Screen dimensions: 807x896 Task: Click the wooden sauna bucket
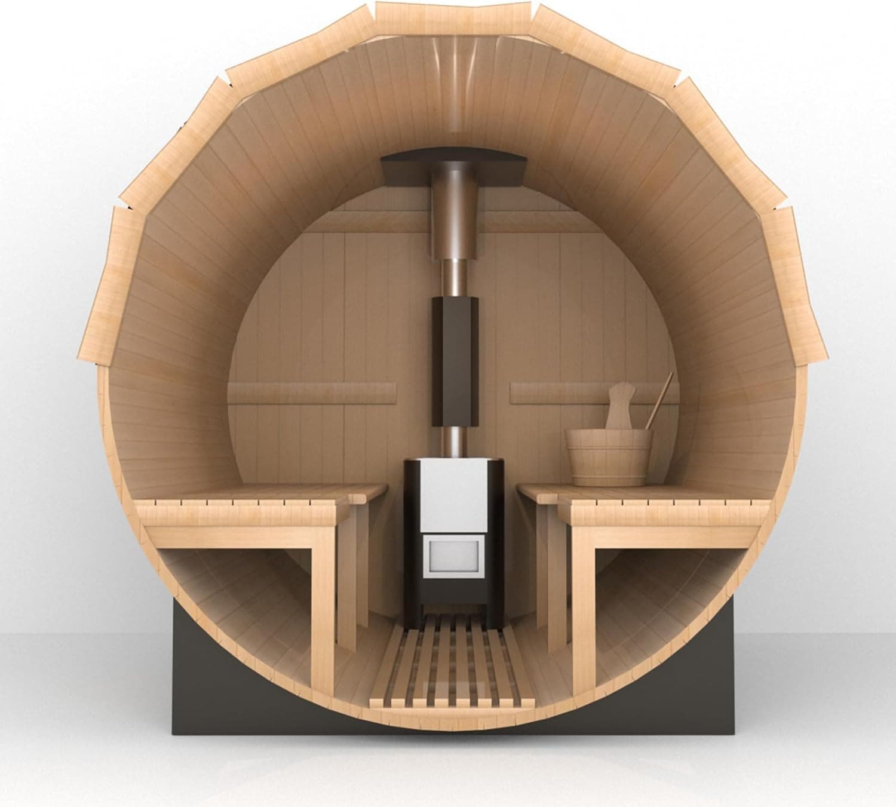click(609, 457)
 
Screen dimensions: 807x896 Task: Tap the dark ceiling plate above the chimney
click(454, 169)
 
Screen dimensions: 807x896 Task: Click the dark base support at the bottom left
click(197, 687)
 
